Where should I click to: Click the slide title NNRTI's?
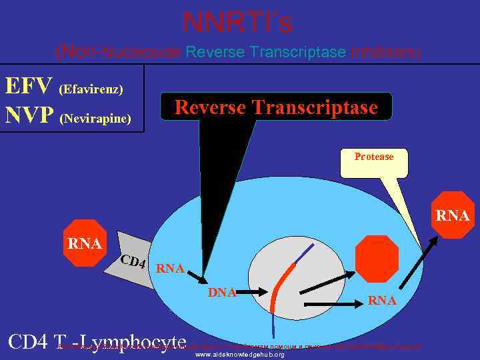[x=238, y=23]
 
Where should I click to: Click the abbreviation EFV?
[x=29, y=87]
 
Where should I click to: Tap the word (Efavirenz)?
[x=91, y=89]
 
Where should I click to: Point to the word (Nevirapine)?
[x=95, y=119]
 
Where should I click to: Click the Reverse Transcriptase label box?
[x=276, y=107]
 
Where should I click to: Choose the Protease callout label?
[x=374, y=157]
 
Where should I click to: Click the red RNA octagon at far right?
[x=453, y=215]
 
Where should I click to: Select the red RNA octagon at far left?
[x=85, y=243]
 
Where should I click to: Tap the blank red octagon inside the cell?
[x=377, y=259]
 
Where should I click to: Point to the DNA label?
[x=222, y=292]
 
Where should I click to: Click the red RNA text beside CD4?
[x=169, y=269]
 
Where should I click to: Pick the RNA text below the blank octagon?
[x=382, y=301]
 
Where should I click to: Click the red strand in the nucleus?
[x=282, y=284]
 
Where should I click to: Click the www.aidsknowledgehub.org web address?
[x=239, y=355]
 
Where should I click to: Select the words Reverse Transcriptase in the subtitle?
[x=266, y=52]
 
